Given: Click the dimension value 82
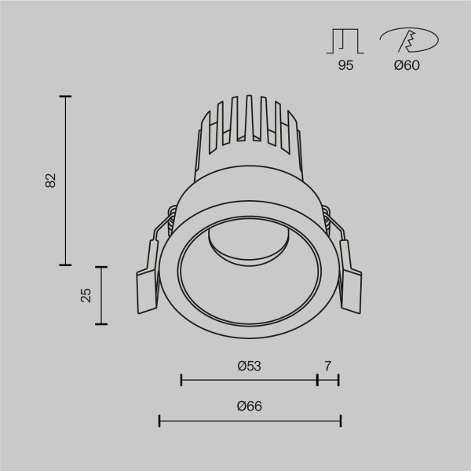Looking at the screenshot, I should (x=51, y=180).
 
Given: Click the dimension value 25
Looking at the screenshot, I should (x=86, y=294).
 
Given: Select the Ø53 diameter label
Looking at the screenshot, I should (x=248, y=365).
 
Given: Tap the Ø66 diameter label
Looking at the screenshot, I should (x=248, y=406).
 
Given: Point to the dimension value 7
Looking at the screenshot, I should (x=327, y=365).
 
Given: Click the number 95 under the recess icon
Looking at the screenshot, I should (x=345, y=66).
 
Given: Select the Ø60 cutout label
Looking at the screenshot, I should (x=407, y=66).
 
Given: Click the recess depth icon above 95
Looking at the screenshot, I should (x=345, y=41).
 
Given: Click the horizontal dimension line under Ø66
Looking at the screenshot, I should (x=250, y=422).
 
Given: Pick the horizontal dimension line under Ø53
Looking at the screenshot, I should (x=248, y=380).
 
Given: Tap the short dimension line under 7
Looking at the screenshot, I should (x=327, y=380).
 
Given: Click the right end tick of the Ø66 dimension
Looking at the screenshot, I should (x=340, y=422).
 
